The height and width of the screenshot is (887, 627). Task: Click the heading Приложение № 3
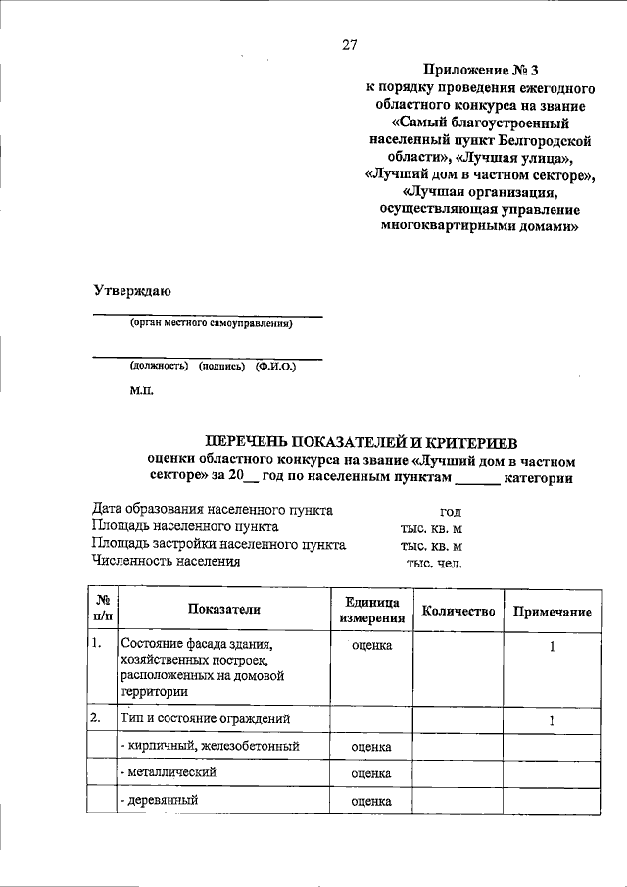pos(480,70)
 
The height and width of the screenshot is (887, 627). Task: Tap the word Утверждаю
pos(132,291)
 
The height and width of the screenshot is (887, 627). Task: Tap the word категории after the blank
pos(538,478)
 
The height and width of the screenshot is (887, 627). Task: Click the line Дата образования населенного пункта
pos(213,511)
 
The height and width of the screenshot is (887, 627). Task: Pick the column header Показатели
pos(225,609)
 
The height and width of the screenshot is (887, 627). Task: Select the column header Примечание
pos(552,612)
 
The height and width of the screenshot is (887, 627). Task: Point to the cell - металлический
pos(167,773)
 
